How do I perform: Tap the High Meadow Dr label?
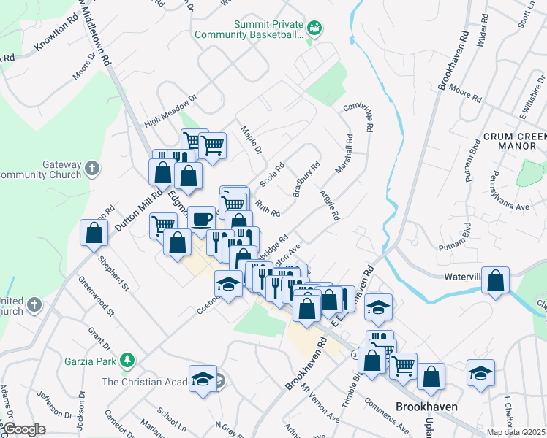pos(171,110)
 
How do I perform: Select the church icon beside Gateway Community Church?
pos(91,169)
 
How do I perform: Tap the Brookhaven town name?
pos(426,407)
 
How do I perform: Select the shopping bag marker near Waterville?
pos(495,280)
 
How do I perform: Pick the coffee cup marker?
pos(201,218)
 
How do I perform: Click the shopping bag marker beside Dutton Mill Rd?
pos(94,234)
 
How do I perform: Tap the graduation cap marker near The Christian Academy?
pos(203,377)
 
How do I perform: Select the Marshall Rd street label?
pos(344,153)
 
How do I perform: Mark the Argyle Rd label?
pos(330,205)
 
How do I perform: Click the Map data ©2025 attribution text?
pos(516,432)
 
